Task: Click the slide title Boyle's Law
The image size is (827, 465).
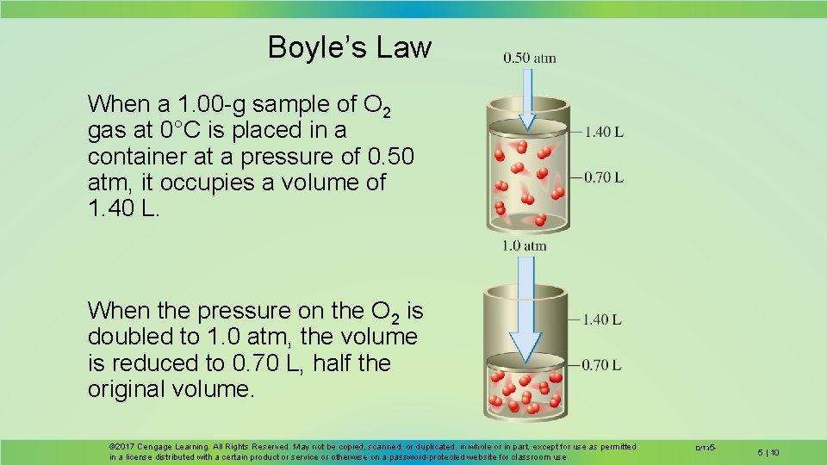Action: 349,46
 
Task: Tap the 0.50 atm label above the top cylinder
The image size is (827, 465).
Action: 530,58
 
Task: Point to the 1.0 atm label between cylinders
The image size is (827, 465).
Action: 524,245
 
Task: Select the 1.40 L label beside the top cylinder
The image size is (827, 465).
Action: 603,132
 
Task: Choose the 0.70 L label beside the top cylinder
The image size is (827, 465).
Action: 603,177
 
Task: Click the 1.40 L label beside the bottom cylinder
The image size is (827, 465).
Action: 603,319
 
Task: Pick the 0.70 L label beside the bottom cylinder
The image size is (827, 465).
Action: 603,364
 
